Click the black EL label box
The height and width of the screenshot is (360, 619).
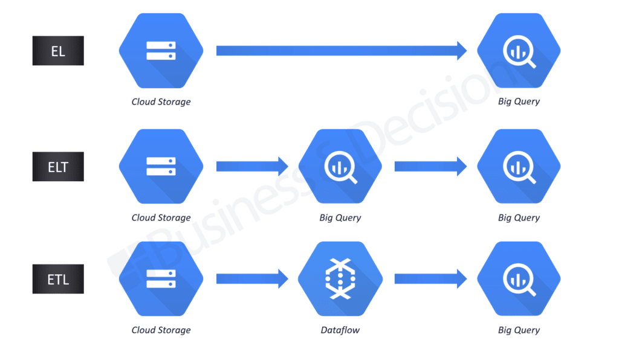[58, 51]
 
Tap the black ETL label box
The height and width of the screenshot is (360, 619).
[58, 280]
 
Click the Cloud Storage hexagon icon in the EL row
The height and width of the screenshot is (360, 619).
[161, 51]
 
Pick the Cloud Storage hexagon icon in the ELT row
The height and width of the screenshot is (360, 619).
[161, 167]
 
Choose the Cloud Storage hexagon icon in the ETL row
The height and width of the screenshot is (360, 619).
[161, 279]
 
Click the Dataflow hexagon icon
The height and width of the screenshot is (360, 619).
[340, 279]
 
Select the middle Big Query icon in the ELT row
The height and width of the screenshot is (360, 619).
[340, 167]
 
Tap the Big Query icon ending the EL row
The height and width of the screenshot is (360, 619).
[519, 51]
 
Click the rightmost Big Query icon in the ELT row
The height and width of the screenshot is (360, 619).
[519, 167]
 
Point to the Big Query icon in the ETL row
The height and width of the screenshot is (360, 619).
[519, 279]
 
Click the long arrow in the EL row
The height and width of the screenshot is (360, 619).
[341, 51]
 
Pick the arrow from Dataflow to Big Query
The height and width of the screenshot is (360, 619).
[430, 279]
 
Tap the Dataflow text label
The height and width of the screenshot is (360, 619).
[340, 330]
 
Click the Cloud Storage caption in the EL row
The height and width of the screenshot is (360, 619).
[161, 101]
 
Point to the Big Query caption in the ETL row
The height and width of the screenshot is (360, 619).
[519, 330]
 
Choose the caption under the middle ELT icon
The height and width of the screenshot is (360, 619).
[340, 217]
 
